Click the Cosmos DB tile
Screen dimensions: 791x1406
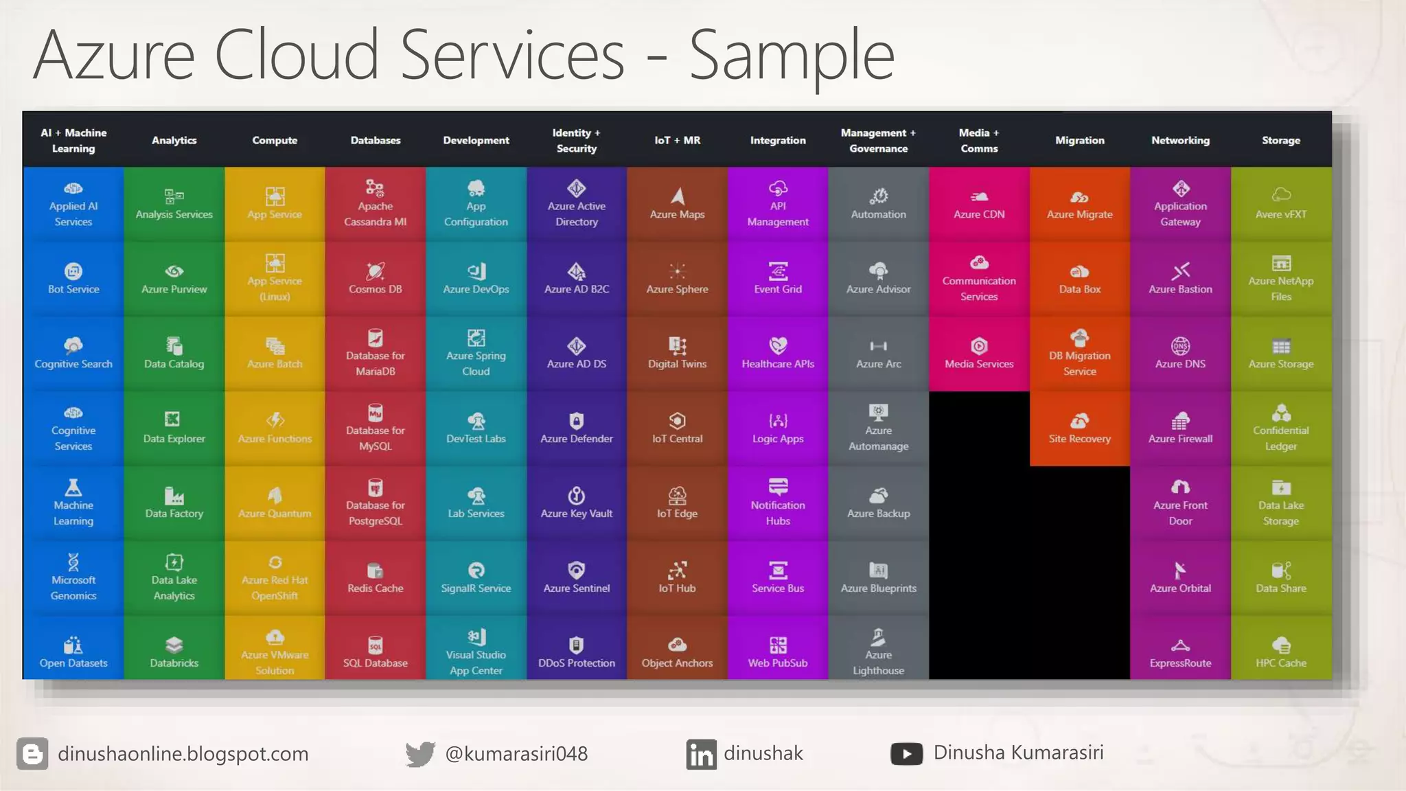click(x=375, y=279)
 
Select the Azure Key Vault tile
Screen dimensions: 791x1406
click(x=577, y=503)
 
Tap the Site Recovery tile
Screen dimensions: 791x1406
click(x=1079, y=428)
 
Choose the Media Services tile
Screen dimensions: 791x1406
click(x=979, y=354)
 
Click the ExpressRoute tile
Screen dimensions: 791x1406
click(x=1180, y=653)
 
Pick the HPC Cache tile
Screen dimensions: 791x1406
click(x=1281, y=653)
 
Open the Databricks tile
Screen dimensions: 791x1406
click(x=174, y=653)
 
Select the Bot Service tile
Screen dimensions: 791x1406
click(x=73, y=279)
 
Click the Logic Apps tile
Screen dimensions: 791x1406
click(x=778, y=428)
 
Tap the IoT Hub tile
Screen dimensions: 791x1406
click(x=677, y=578)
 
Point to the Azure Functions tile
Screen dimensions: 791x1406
click(x=275, y=428)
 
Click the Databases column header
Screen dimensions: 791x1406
click(x=376, y=140)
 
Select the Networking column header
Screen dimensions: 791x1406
click(x=1180, y=140)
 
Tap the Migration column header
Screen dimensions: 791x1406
click(x=1080, y=140)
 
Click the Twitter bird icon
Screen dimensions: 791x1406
click(x=419, y=753)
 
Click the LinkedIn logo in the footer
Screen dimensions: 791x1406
click(x=701, y=754)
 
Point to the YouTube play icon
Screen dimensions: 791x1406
click(x=906, y=754)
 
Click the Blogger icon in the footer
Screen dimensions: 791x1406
click(x=32, y=753)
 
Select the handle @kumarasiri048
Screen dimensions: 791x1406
click(x=516, y=754)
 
